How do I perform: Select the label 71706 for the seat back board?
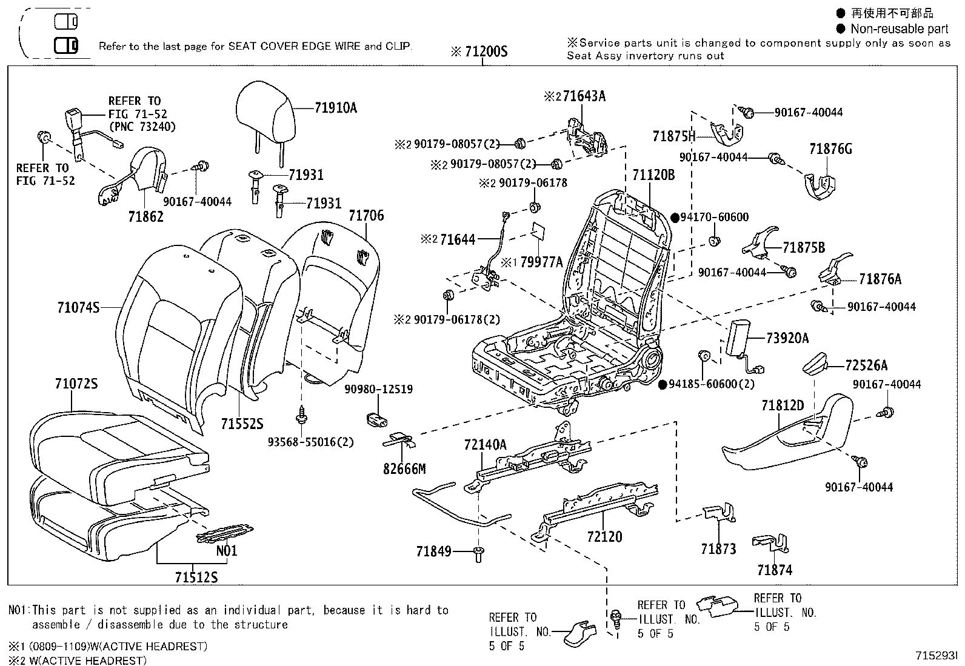click(366, 216)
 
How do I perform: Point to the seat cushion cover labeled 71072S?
click(115, 448)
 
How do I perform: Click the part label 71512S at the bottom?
click(196, 578)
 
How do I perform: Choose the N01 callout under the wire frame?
click(227, 551)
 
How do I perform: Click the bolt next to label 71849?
click(478, 553)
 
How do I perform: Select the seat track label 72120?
click(604, 537)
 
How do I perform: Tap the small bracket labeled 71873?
click(720, 513)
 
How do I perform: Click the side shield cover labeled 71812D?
click(788, 436)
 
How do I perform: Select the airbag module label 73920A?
click(787, 339)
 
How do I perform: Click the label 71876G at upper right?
click(830, 149)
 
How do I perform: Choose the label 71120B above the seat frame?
click(653, 176)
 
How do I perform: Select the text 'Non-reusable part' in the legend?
click(899, 28)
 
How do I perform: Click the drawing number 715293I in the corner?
click(937, 656)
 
